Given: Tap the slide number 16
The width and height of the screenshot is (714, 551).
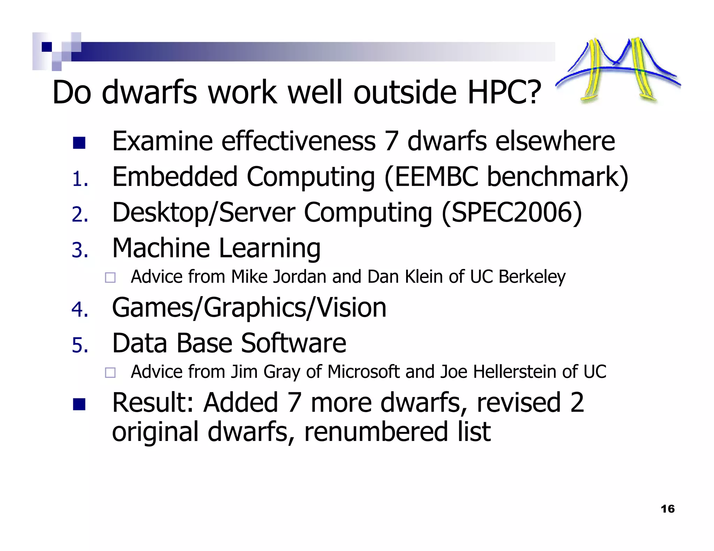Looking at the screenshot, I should (667, 509).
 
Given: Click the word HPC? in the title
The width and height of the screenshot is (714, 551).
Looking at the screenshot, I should (504, 92).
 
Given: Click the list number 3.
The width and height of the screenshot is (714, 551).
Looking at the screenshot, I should (79, 250).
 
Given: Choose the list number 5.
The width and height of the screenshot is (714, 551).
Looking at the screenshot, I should (79, 345).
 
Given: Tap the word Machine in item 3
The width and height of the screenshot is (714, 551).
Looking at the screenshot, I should (161, 248).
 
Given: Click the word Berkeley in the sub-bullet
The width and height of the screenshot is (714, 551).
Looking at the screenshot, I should (532, 277).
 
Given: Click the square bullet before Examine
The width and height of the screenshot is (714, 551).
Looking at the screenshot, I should (79, 143).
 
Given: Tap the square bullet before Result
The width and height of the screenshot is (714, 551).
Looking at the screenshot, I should (79, 404).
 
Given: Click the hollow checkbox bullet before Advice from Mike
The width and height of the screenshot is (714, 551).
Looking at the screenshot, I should (110, 278).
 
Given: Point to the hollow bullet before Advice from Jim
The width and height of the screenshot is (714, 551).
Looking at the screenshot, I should (110, 373).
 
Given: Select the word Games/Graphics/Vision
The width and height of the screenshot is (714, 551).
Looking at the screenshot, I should (249, 308).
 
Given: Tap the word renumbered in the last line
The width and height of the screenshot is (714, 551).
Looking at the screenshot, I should (376, 432).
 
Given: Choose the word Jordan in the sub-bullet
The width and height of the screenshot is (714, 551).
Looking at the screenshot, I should (299, 277).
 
